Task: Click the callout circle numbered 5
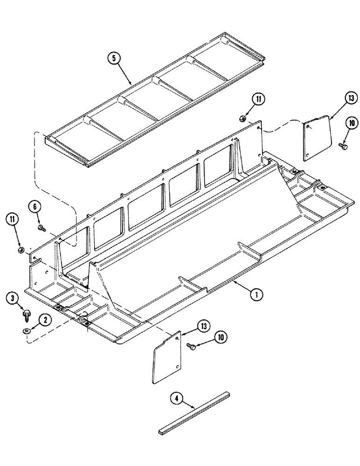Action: tap(113, 59)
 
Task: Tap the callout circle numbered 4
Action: tap(175, 399)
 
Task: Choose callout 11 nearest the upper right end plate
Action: tap(258, 99)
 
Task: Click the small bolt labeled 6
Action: tap(42, 228)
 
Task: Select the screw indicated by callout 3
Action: tap(26, 314)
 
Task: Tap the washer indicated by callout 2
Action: tap(25, 330)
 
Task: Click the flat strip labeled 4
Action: tap(194, 409)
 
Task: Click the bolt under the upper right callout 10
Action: tap(343, 146)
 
